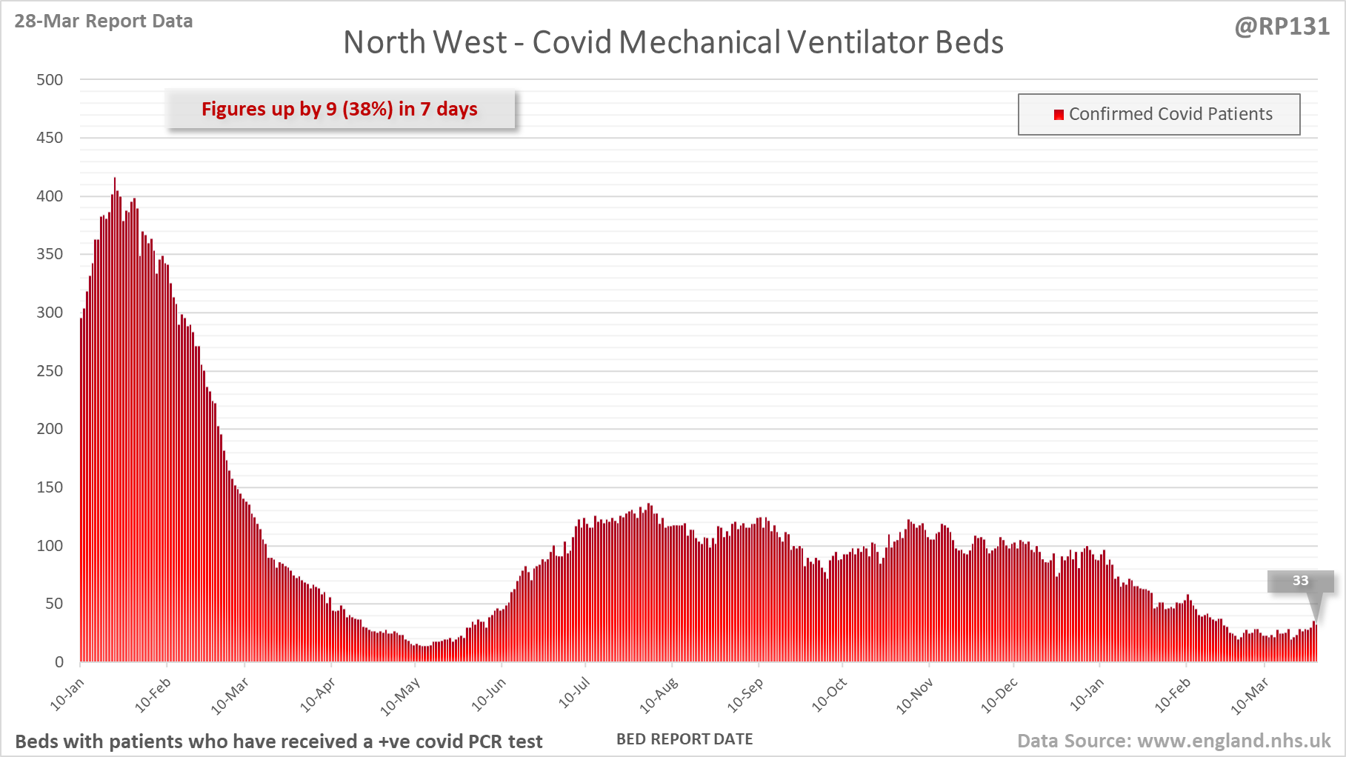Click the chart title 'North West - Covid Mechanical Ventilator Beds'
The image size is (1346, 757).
tap(673, 42)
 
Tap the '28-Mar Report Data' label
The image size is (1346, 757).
tap(104, 21)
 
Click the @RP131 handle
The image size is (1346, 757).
tap(1282, 27)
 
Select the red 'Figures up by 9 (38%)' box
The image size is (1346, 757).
tap(340, 110)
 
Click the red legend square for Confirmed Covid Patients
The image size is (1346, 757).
tap(1059, 114)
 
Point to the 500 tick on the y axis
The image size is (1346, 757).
tap(50, 80)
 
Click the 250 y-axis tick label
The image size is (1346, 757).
tap(50, 371)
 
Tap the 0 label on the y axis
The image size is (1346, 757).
tap(59, 662)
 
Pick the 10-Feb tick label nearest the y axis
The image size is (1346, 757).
tap(153, 695)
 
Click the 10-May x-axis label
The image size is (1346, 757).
tap(400, 697)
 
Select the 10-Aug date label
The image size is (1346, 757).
tap(659, 696)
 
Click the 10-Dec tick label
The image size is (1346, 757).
tap(999, 696)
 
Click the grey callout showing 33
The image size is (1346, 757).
tap(1300, 581)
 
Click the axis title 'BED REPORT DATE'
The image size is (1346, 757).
tap(684, 739)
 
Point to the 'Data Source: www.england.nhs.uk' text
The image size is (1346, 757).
tap(1173, 741)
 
